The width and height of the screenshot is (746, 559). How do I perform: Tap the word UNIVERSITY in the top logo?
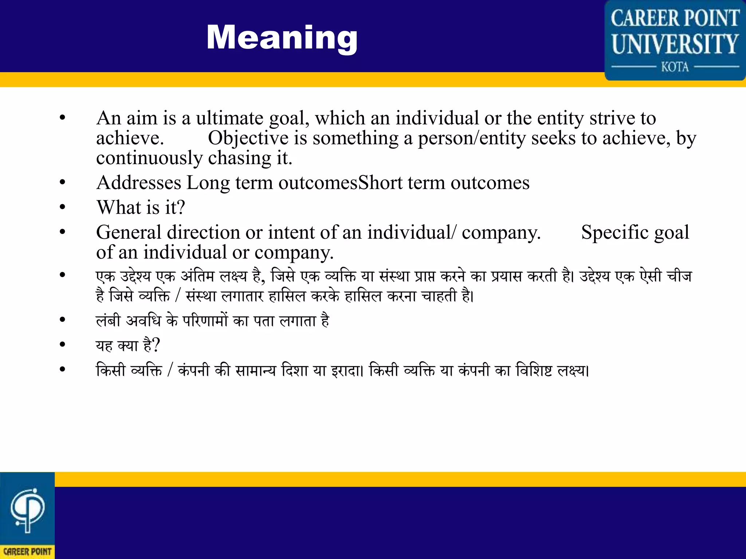675,44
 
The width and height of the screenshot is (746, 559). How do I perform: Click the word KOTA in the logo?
675,67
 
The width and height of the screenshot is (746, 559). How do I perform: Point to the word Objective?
248,138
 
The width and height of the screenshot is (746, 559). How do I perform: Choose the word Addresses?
139,183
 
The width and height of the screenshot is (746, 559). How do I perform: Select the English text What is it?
141,207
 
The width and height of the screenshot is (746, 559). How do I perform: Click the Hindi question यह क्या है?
128,345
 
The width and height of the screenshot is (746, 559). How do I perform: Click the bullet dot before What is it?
63,207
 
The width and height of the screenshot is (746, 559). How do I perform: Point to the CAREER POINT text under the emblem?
27,552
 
